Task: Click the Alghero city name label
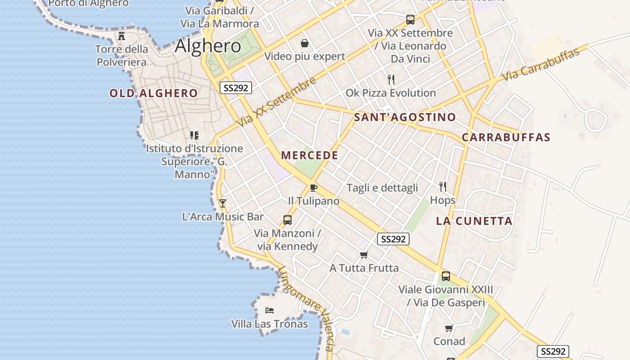coord(208,46)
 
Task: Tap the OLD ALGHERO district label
coord(153,93)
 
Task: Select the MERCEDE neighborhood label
coord(310,155)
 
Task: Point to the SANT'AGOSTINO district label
coord(405,117)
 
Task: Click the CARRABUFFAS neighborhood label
coord(506,137)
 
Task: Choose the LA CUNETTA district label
coord(474,221)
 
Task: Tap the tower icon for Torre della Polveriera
coord(121,36)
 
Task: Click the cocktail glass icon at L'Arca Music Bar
coord(222,203)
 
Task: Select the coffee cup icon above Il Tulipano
coord(314,188)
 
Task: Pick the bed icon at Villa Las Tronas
coord(270,310)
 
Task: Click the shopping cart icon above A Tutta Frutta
coord(364,255)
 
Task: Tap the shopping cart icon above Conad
coord(449,328)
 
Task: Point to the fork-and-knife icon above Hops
coord(443,187)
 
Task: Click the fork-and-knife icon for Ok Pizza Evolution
coord(391,80)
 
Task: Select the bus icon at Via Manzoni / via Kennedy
coord(287,220)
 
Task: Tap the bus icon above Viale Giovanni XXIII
coord(445,276)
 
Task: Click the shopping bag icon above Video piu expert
coord(305,43)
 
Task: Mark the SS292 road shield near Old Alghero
coord(236,88)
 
